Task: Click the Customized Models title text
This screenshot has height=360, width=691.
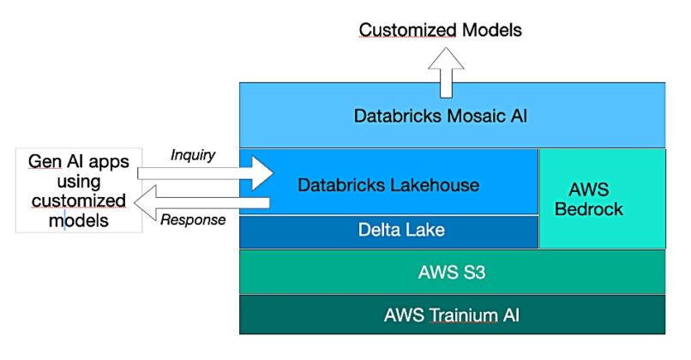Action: (x=440, y=30)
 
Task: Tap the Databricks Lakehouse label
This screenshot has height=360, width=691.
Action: (x=388, y=184)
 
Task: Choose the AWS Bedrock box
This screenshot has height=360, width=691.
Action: (x=602, y=198)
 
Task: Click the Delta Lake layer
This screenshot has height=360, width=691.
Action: (x=388, y=231)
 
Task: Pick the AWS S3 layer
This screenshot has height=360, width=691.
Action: (x=452, y=273)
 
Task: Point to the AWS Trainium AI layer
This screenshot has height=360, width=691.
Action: (x=452, y=315)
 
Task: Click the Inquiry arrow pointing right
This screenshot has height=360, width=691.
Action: (x=206, y=174)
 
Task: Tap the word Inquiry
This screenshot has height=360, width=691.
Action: (x=192, y=155)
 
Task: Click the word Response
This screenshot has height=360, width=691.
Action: (x=193, y=220)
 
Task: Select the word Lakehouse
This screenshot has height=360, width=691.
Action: (x=433, y=184)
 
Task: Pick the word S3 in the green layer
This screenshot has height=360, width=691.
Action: (x=473, y=273)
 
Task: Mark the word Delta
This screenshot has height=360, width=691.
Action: (x=373, y=231)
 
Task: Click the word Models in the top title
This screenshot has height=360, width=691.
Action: (x=488, y=30)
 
